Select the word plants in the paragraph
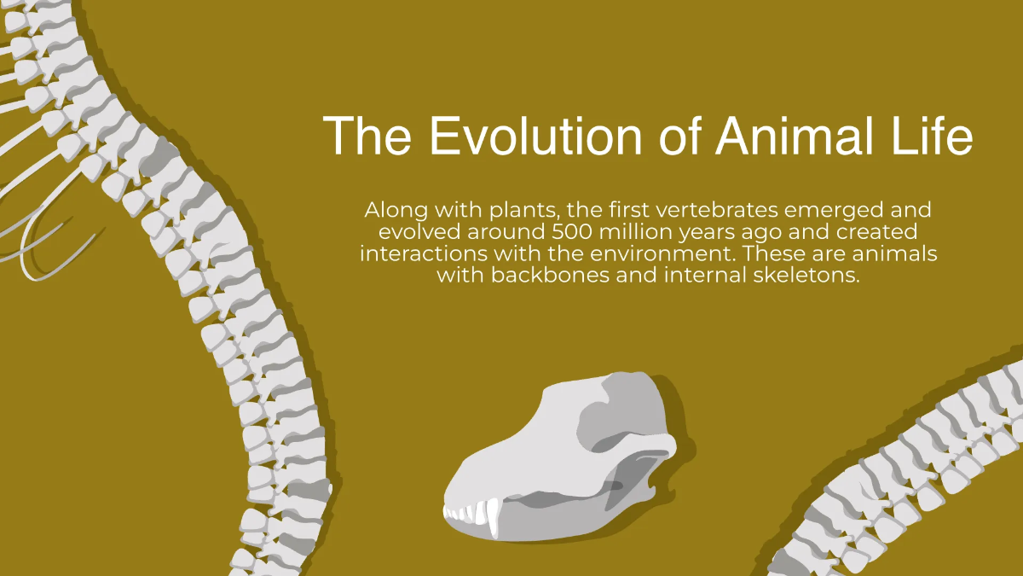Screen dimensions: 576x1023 click(520, 209)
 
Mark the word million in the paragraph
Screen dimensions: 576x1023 click(641, 231)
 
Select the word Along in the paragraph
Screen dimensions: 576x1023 click(390, 209)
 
